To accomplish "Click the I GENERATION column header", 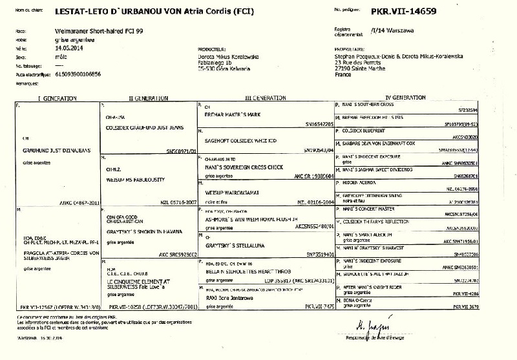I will point(56,97).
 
